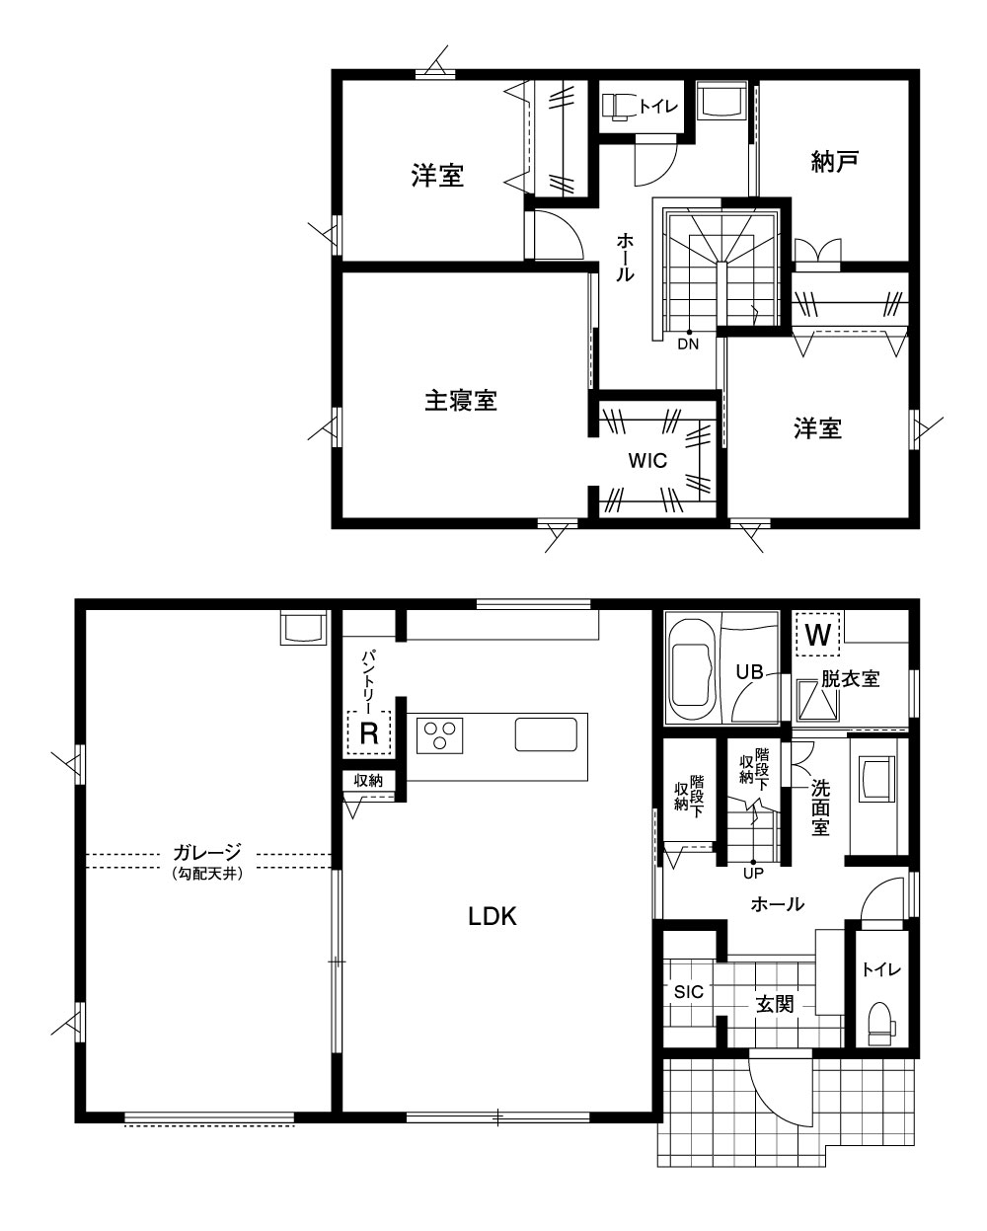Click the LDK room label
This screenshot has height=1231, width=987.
[x=493, y=916]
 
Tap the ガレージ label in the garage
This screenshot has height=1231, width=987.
[x=207, y=853]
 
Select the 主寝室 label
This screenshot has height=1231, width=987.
[x=460, y=401]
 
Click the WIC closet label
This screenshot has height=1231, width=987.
[x=647, y=460]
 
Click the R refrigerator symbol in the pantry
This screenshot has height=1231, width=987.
[x=369, y=732]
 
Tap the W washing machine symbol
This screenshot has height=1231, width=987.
[x=818, y=635]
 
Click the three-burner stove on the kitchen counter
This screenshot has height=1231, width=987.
[x=439, y=735]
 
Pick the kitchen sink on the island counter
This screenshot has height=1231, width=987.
[x=546, y=733]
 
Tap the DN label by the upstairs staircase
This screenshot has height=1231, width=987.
[x=688, y=344]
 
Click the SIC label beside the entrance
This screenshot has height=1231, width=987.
[x=689, y=992]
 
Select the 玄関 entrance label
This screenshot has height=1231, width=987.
[x=775, y=1004]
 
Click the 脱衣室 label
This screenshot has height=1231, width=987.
[x=851, y=679]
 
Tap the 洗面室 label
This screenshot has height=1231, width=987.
[x=820, y=808]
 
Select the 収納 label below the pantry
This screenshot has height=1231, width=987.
[x=368, y=780]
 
